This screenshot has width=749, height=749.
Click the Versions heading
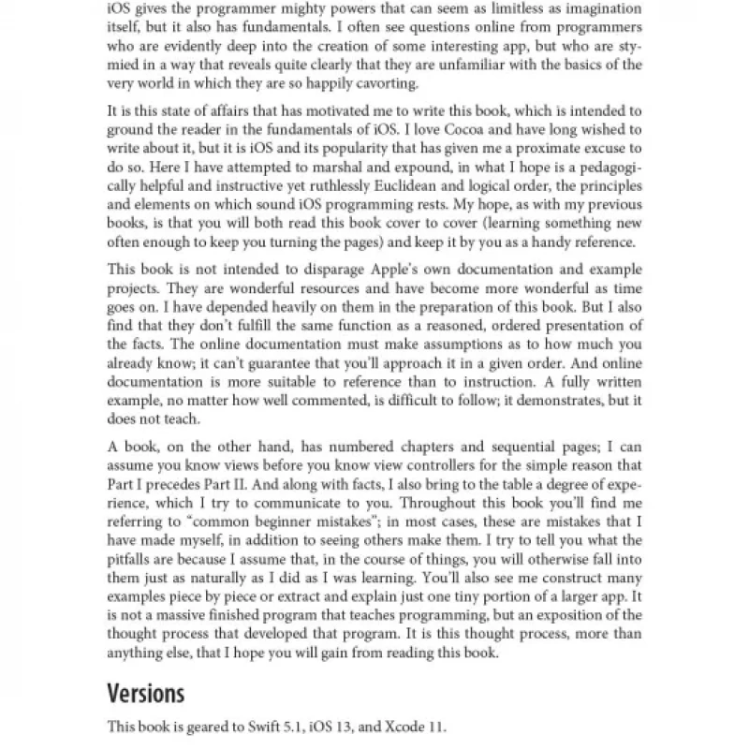(x=145, y=694)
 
